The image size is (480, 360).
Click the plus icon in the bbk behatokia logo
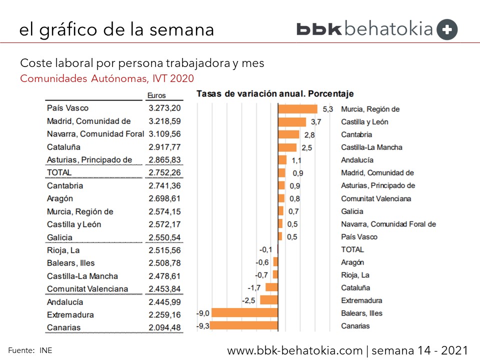pyautogui.click(x=447, y=29)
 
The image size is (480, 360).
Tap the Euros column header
pyautogui.click(x=156, y=95)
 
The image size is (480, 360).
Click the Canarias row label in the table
pyautogui.click(x=63, y=328)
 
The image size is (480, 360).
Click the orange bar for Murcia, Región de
pyautogui.click(x=297, y=109)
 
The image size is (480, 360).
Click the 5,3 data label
pyautogui.click(x=327, y=109)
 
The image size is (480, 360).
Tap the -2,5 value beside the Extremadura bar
pyautogui.click(x=249, y=300)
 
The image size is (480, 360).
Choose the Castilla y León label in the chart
pyautogui.click(x=364, y=122)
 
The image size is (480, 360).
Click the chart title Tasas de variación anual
pyautogui.click(x=275, y=93)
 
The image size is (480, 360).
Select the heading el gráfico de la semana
pyautogui.click(x=116, y=29)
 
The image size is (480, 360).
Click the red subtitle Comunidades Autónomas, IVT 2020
pyautogui.click(x=107, y=78)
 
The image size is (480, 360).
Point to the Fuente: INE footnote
pyautogui.click(x=30, y=350)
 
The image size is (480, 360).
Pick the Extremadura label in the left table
pyautogui.click(x=70, y=315)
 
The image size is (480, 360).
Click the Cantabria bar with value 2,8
pyautogui.click(x=288, y=134)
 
